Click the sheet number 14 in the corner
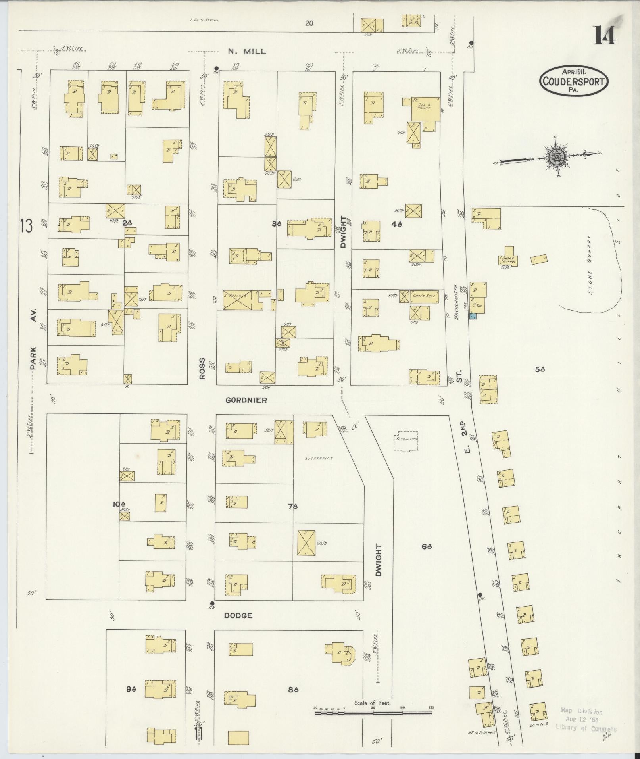click(604, 35)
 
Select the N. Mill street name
click(246, 52)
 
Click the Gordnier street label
click(246, 400)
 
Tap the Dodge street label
click(238, 626)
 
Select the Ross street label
click(202, 369)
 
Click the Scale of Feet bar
click(375, 435)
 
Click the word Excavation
click(319, 458)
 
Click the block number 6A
click(427, 546)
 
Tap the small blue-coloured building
click(473, 316)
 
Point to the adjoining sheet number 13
click(27, 227)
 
